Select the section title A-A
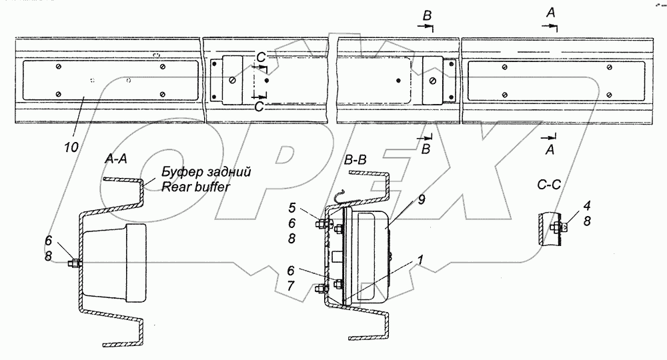(x=117, y=159)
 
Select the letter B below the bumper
(x=425, y=149)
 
